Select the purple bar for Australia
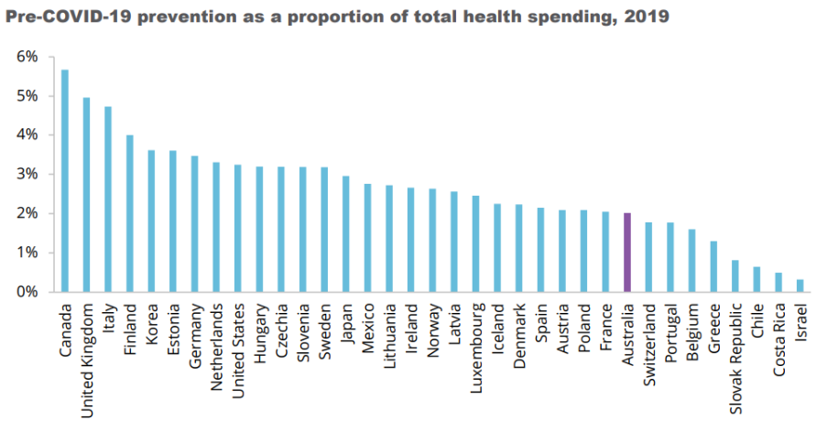626,253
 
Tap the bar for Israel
800,286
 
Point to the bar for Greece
713,266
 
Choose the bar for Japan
346,233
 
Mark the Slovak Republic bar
735,275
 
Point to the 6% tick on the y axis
27,57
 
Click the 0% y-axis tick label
27,292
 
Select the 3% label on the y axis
27,174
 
